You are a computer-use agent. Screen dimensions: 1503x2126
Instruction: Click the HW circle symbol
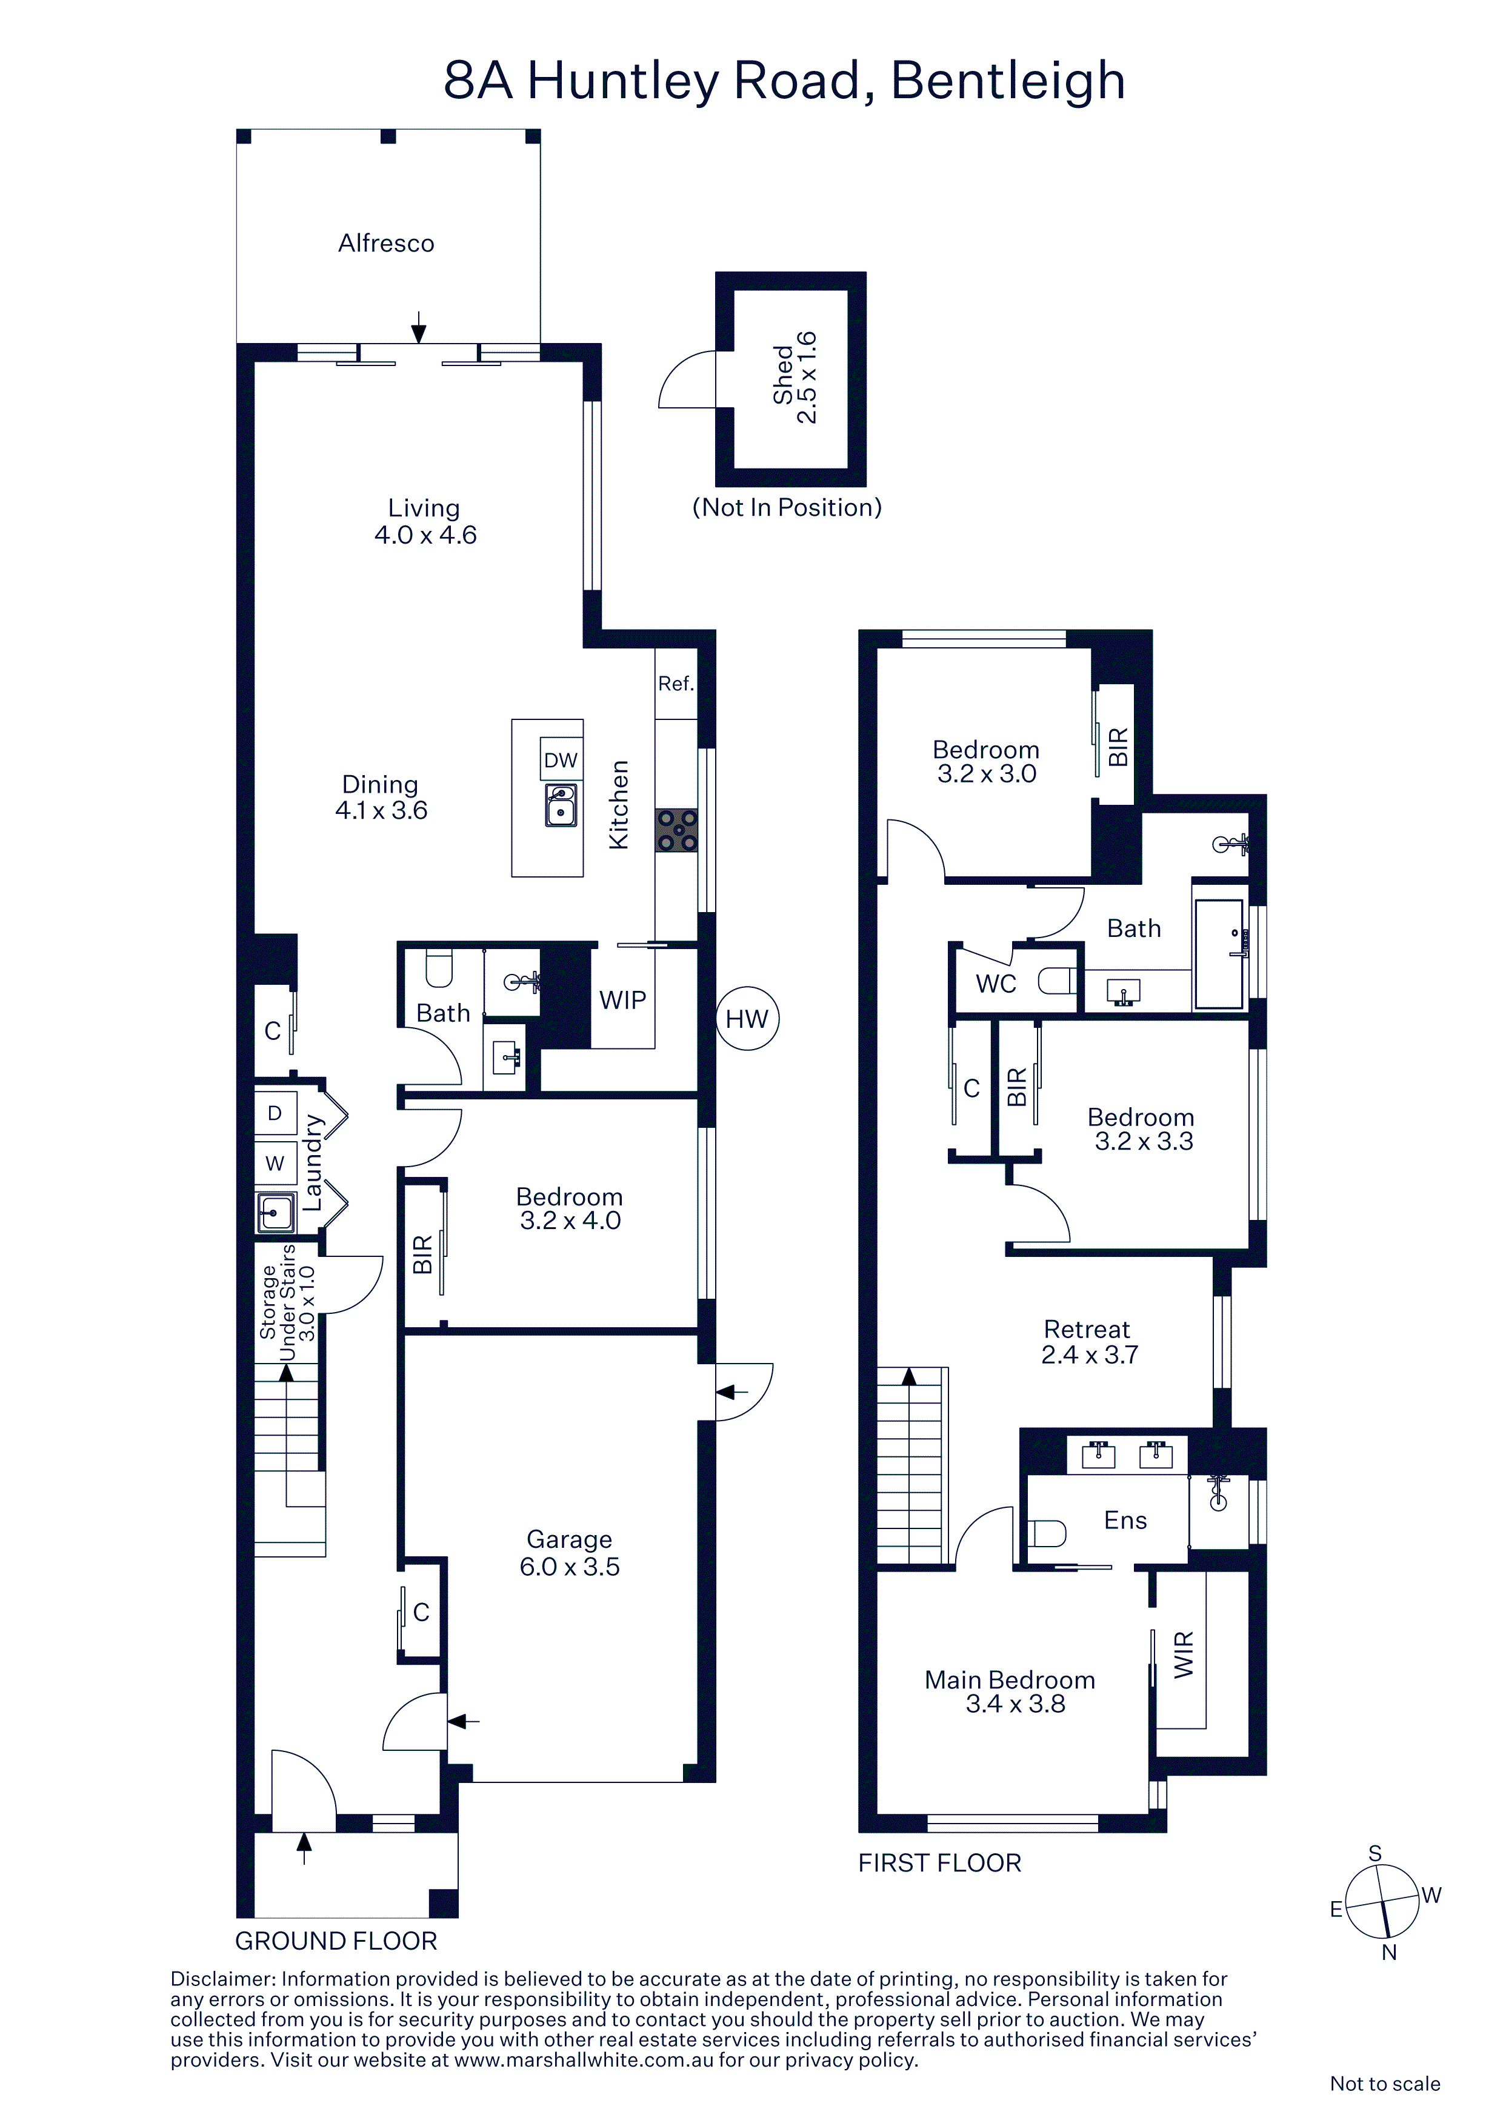[x=747, y=1019]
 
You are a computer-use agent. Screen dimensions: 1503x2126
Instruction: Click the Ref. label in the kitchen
[x=676, y=684]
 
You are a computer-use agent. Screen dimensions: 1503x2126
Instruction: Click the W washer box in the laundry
[x=275, y=1164]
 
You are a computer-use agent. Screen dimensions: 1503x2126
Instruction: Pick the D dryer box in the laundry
[x=275, y=1113]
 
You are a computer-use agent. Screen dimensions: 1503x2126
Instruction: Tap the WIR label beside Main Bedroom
[x=1184, y=1654]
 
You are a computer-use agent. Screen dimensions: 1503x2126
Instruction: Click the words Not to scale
[x=1384, y=2084]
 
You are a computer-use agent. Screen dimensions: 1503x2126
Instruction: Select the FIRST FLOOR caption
[x=940, y=1863]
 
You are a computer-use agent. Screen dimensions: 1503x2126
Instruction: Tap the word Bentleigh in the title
[x=1008, y=81]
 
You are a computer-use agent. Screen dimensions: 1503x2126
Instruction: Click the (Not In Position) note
[x=787, y=507]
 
